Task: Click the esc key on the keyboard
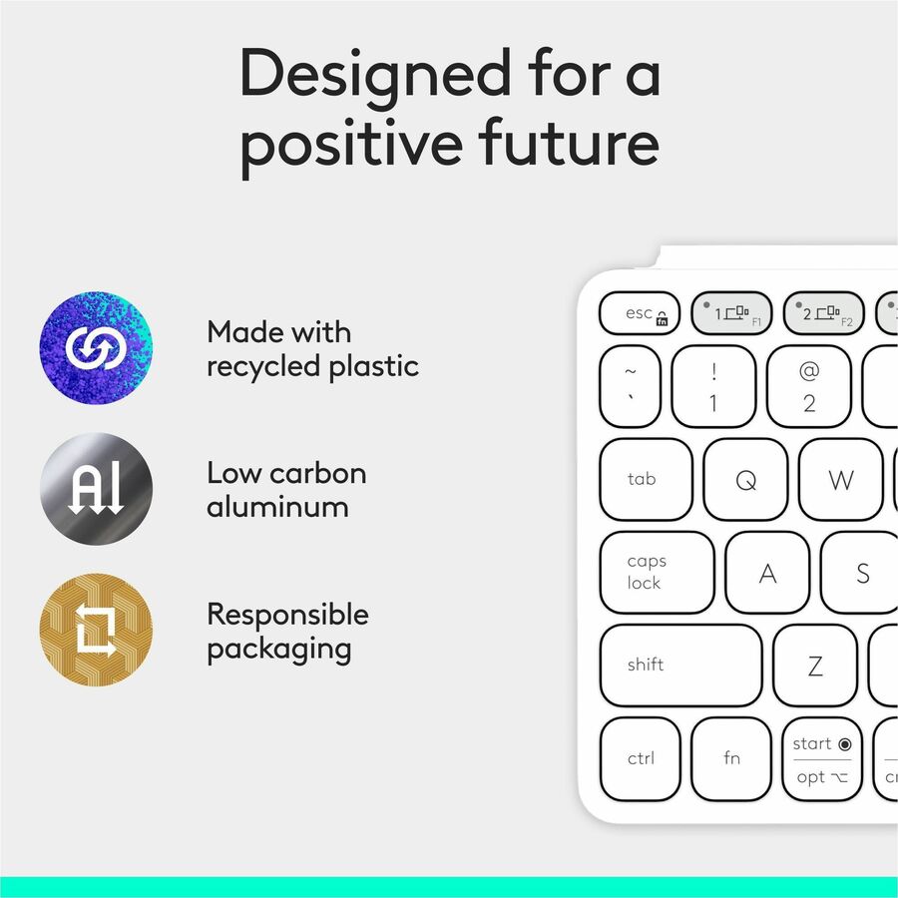640,313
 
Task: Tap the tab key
646,479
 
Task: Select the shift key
680,665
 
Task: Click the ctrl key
641,758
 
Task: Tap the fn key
731,758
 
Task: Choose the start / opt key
822,758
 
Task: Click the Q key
745,480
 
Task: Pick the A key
767,573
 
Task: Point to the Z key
814,666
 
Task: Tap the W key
840,480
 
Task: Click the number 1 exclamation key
713,387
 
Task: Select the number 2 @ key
808,387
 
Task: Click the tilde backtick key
631,387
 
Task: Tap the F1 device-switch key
731,313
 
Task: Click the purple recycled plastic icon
96,348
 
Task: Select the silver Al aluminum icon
96,489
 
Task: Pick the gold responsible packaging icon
96,630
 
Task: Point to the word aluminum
277,507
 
